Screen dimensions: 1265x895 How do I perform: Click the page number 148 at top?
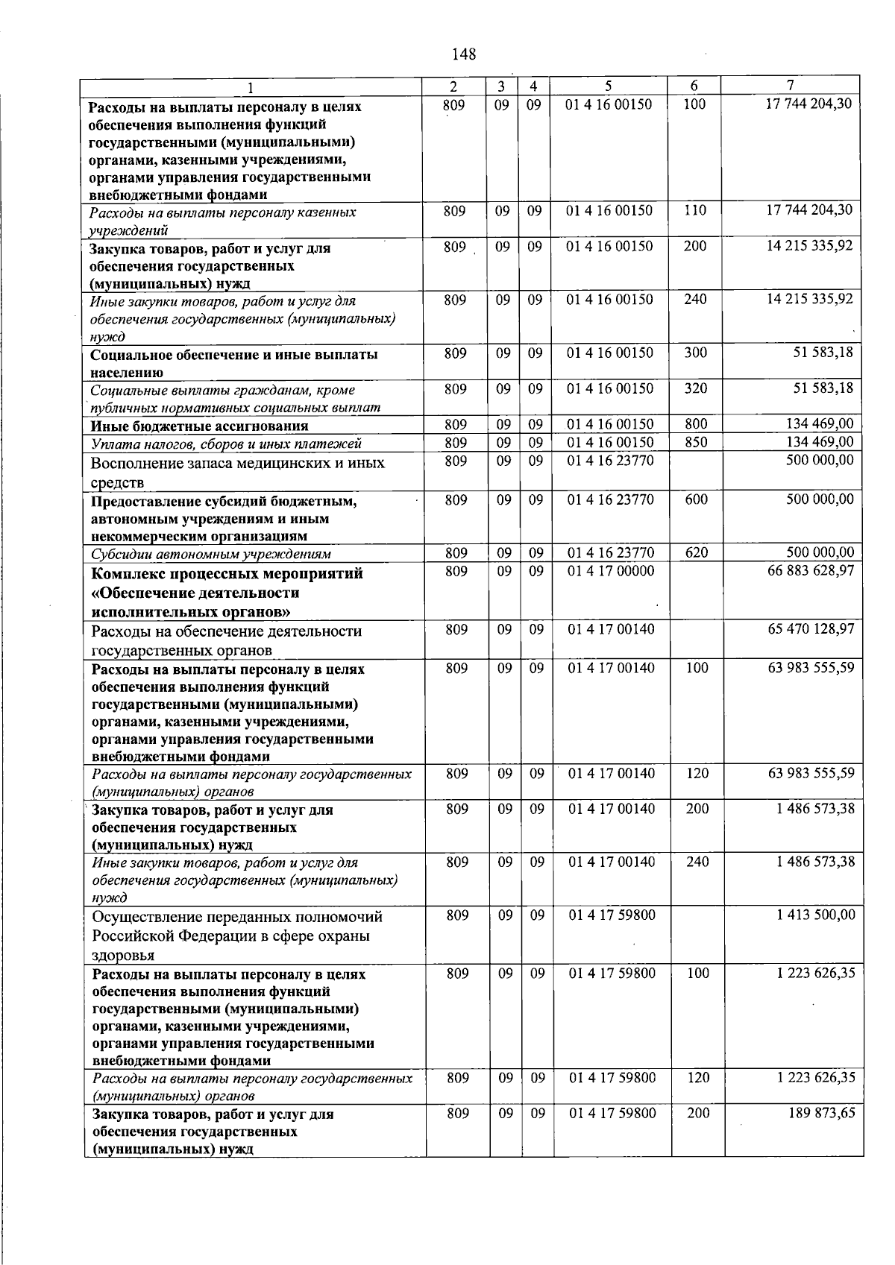tap(464, 54)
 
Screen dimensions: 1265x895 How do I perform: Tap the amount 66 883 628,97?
tap(811, 570)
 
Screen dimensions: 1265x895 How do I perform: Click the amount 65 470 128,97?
tap(811, 629)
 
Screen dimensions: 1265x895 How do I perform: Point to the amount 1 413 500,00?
tap(815, 915)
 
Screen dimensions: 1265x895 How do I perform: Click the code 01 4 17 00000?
tap(611, 571)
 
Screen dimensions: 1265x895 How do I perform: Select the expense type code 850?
tap(696, 443)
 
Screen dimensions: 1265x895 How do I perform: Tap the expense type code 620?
tap(696, 553)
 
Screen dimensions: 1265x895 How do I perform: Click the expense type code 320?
tap(696, 388)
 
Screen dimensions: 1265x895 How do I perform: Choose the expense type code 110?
tap(695, 211)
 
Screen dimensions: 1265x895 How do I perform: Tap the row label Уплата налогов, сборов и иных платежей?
tap(226, 444)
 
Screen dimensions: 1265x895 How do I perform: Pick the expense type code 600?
tap(696, 500)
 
